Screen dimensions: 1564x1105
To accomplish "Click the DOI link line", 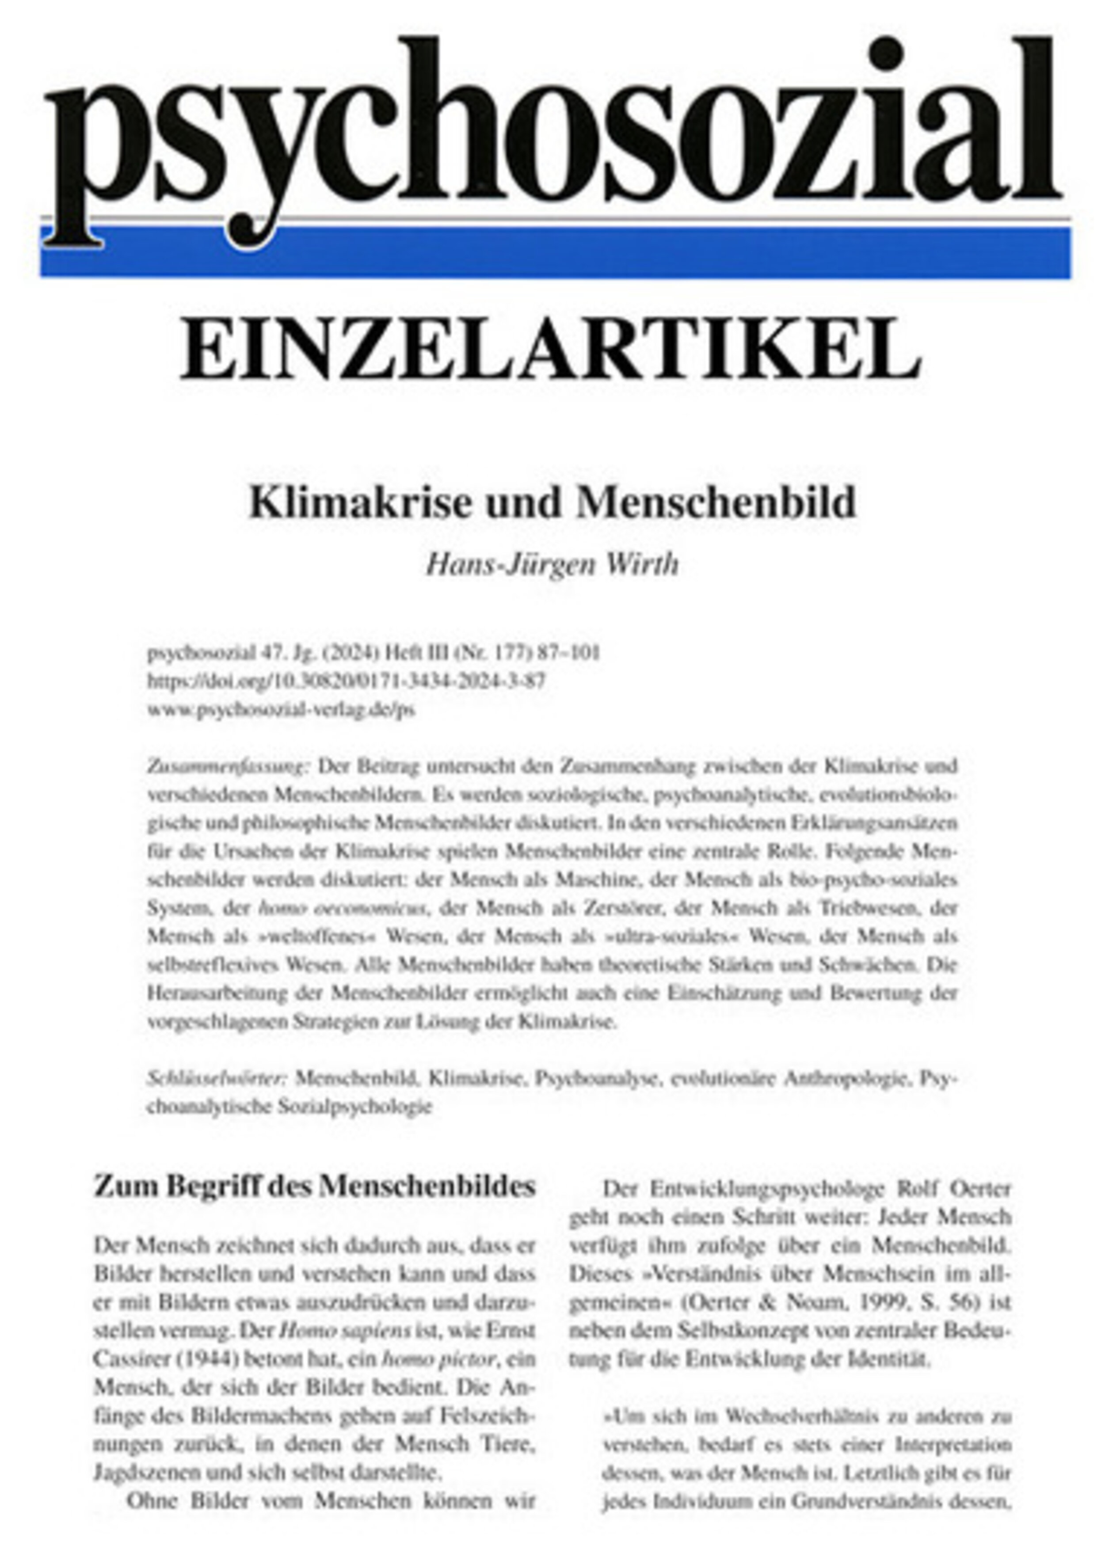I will [346, 681].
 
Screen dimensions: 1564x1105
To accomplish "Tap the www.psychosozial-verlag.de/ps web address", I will [281, 709].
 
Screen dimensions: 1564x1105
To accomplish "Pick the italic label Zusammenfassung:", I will [228, 766].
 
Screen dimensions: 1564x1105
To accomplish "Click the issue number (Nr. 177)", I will [491, 653].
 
